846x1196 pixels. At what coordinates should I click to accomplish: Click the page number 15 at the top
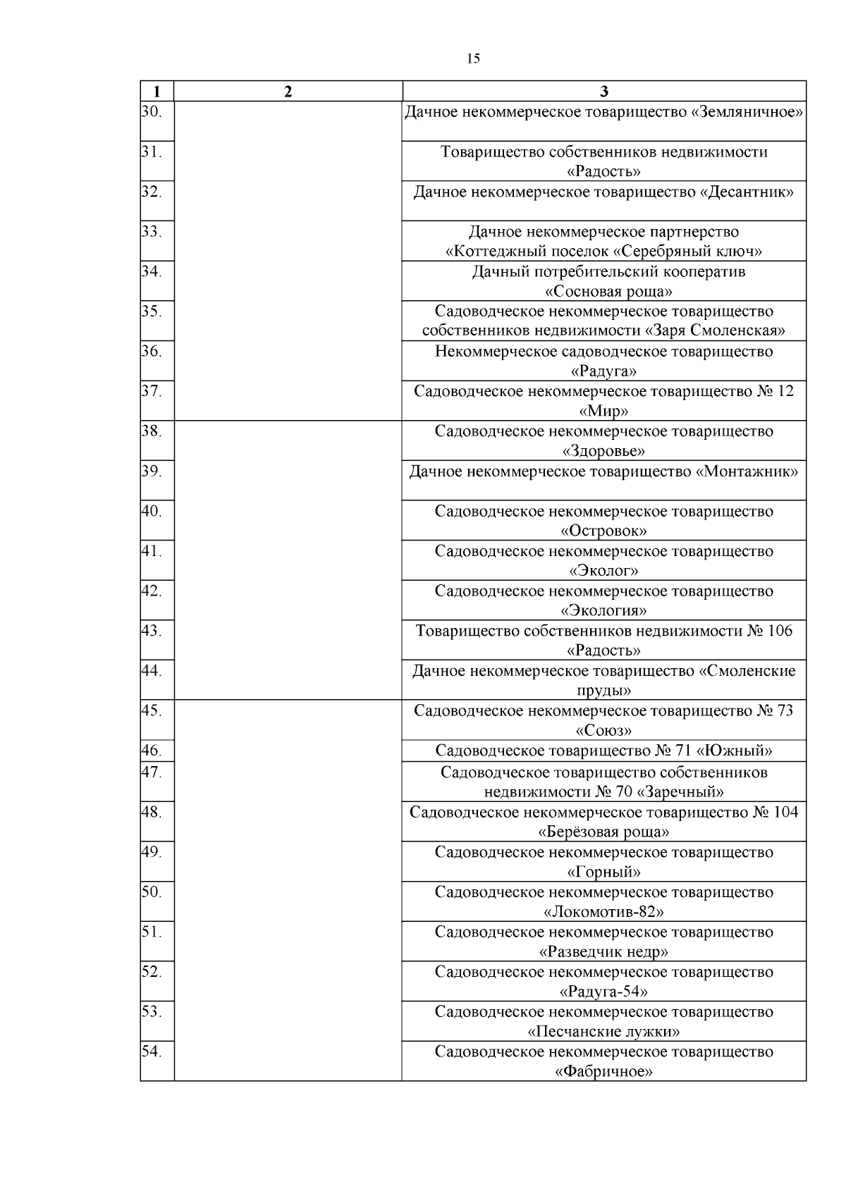(x=473, y=59)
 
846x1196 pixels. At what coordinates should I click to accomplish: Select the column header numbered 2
(x=288, y=92)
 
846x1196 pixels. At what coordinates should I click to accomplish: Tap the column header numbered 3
(x=603, y=92)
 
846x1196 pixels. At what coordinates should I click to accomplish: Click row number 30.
(x=152, y=112)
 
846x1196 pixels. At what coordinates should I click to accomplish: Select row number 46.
(x=152, y=751)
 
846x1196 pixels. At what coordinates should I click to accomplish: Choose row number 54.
(x=152, y=1052)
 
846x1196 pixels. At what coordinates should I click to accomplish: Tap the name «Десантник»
(x=747, y=192)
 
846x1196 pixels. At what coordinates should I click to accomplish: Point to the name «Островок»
(x=603, y=531)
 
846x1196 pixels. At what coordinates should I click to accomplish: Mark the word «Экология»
(x=603, y=610)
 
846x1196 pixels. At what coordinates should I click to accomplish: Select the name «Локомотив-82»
(x=603, y=912)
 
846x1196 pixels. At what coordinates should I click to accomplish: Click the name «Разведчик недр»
(x=603, y=952)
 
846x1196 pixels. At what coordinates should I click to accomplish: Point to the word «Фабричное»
(x=603, y=1072)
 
